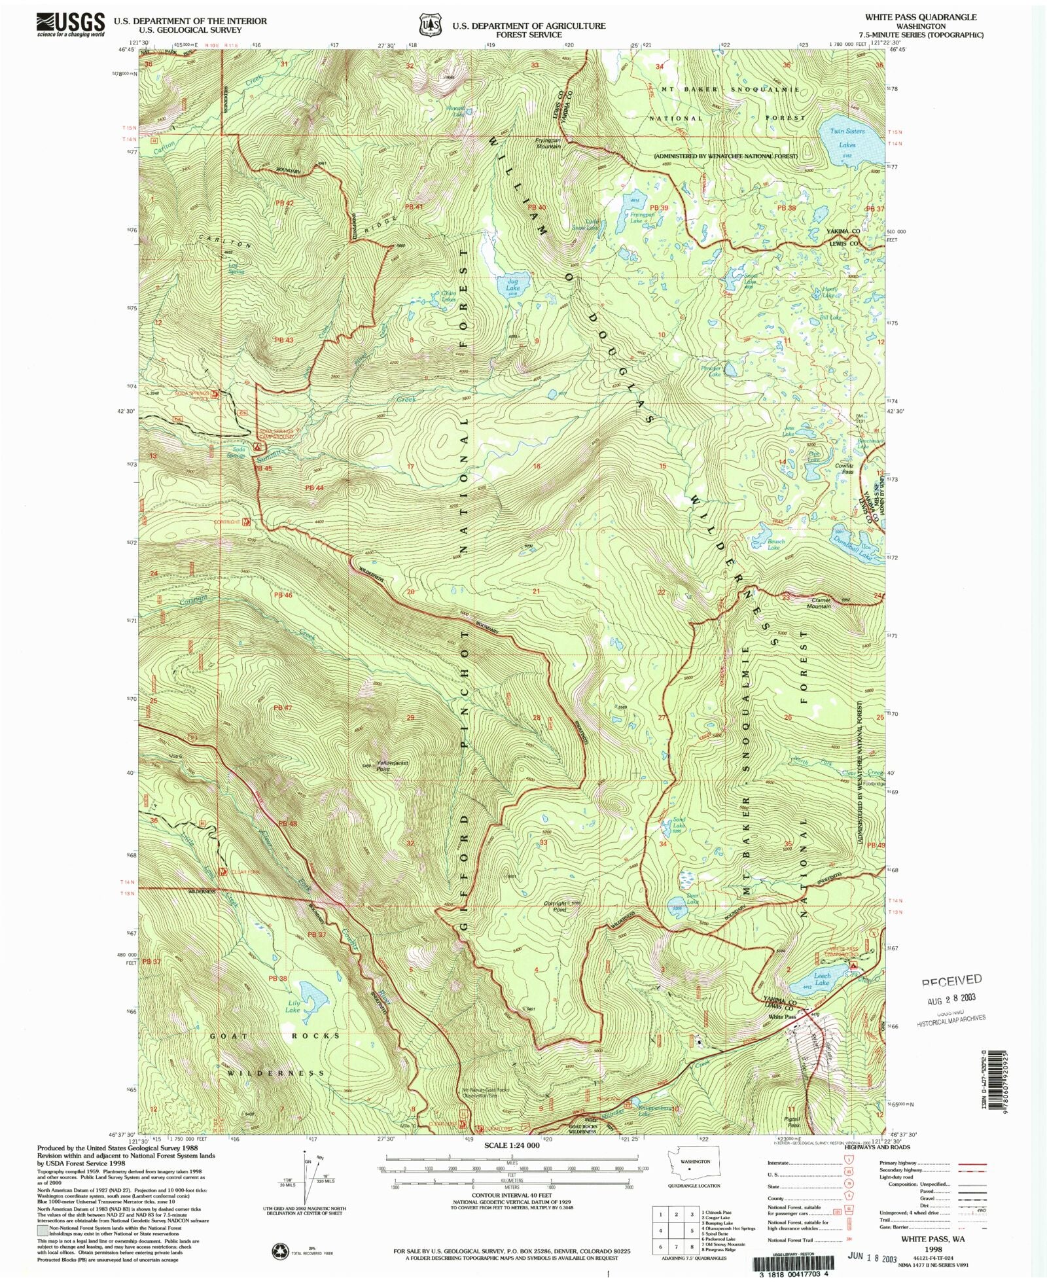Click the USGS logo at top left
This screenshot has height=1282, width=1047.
pos(70,24)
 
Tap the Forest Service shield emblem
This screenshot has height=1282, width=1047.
pos(429,25)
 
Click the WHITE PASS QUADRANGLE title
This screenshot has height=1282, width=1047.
pos(920,17)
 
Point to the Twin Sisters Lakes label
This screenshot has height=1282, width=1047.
pos(847,138)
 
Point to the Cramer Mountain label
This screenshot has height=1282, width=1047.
pos(820,603)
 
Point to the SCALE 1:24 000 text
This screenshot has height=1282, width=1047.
pos(512,1145)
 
